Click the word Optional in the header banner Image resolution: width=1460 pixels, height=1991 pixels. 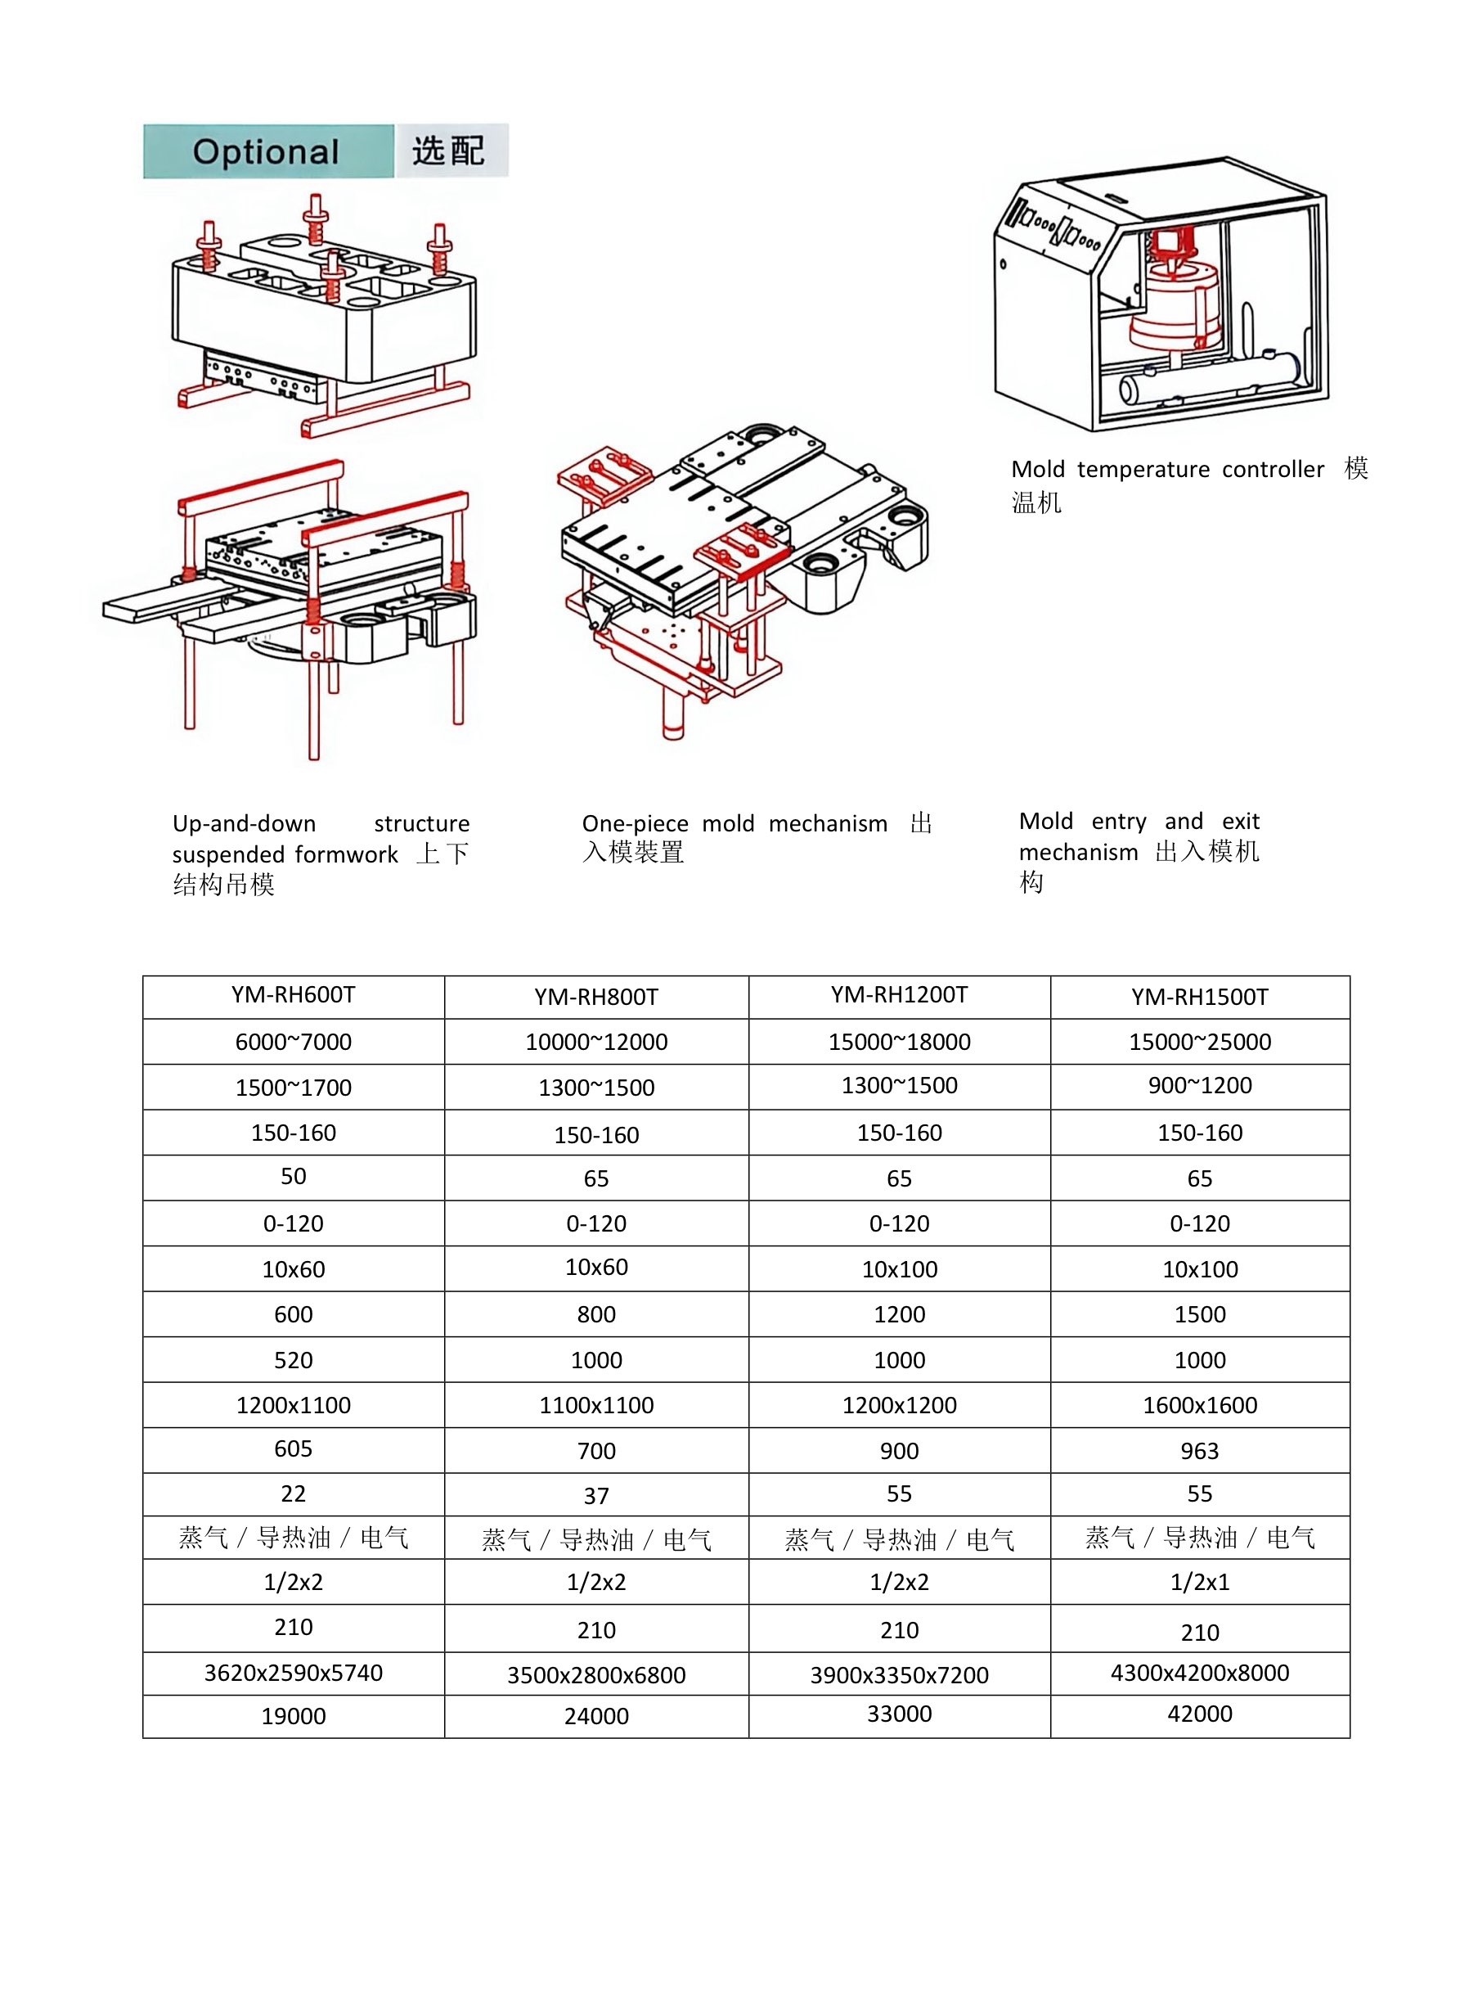pyautogui.click(x=266, y=152)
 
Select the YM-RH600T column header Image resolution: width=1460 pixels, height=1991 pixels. pyautogui.click(x=294, y=995)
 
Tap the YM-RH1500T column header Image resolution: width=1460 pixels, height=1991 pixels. pyautogui.click(x=1199, y=998)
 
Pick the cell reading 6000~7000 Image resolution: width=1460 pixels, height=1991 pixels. pyautogui.click(x=294, y=1043)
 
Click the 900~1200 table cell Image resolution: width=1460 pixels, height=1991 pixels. pyautogui.click(x=1199, y=1086)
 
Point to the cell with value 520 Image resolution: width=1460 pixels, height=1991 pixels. pyautogui.click(x=294, y=1360)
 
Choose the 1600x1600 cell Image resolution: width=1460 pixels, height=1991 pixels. pyautogui.click(x=1199, y=1405)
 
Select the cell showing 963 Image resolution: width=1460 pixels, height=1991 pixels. pyautogui.click(x=1199, y=1451)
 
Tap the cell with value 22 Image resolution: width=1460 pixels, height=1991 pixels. pyautogui.click(x=294, y=1493)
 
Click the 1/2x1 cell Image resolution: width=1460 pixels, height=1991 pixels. pyautogui.click(x=1199, y=1582)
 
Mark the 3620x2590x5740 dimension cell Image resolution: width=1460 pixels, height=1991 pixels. pyautogui.click(x=294, y=1673)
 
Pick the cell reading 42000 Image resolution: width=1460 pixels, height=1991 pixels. pyautogui.click(x=1199, y=1714)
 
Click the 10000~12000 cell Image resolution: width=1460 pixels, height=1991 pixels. pyautogui.click(x=596, y=1043)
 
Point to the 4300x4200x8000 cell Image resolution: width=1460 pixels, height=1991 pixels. pyautogui.click(x=1199, y=1673)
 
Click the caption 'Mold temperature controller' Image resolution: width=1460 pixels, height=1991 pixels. pyautogui.click(x=1166, y=470)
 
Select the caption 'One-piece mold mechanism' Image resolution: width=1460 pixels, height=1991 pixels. pyautogui.click(x=734, y=824)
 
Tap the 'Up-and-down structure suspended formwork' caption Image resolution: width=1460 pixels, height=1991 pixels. pyautogui.click(x=320, y=854)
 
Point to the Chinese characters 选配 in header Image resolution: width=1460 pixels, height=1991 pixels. pyautogui.click(x=449, y=151)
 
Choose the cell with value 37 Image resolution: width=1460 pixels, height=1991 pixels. pyautogui.click(x=596, y=1496)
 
